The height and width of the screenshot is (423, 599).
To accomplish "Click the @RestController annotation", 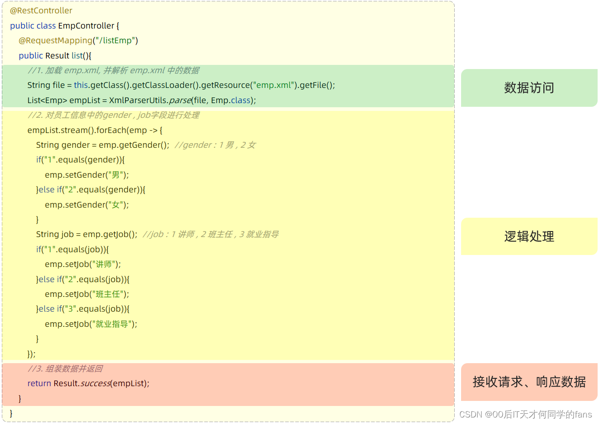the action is [x=41, y=11].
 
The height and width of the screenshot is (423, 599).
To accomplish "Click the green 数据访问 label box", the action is [x=529, y=88].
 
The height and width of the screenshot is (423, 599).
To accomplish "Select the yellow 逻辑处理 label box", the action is [x=529, y=236].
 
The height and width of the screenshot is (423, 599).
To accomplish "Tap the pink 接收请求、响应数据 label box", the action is [x=529, y=382].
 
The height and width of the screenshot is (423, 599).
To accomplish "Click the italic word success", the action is [x=95, y=383].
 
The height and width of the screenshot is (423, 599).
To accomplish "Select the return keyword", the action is [x=39, y=383].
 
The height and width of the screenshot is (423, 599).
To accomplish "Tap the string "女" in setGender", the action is [x=115, y=205].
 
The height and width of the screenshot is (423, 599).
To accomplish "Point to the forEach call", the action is [x=111, y=130].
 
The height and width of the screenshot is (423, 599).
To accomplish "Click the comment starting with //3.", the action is [x=65, y=369].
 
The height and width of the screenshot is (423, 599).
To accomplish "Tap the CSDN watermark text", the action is [x=525, y=415].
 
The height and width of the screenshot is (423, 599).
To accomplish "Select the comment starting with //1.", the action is [x=113, y=70].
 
